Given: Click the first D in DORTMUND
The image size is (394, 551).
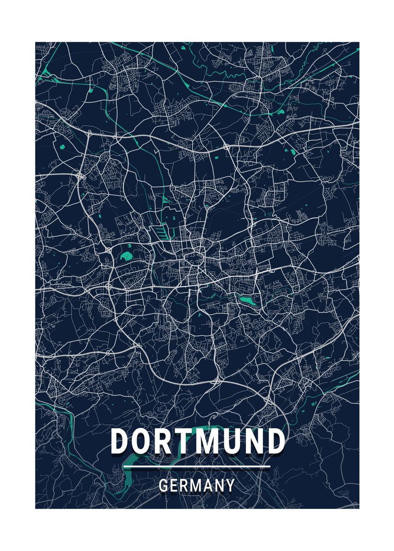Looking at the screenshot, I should [x=120, y=442].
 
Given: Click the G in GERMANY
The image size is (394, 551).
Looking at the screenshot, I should [x=163, y=485].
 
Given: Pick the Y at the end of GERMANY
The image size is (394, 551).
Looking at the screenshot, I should [x=230, y=485].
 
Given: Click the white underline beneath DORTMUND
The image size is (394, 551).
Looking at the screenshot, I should [x=197, y=467].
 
